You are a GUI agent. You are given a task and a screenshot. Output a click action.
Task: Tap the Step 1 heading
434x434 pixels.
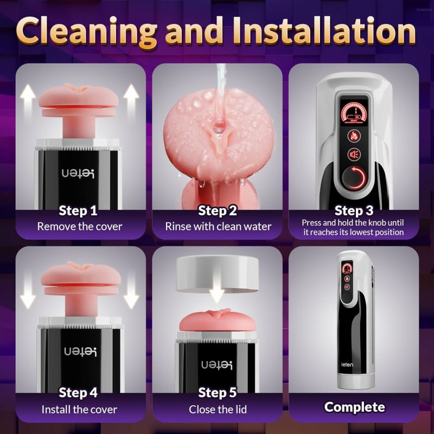(79, 210)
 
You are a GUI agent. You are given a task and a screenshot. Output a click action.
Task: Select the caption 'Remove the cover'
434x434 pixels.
(80, 226)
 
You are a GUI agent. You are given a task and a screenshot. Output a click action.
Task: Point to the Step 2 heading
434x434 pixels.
(217, 210)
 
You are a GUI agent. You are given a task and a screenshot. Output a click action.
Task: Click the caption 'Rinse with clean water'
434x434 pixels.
(218, 226)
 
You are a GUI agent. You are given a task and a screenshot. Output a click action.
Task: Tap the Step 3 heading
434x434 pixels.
(353, 210)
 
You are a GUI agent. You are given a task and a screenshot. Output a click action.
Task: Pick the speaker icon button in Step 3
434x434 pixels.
(354, 155)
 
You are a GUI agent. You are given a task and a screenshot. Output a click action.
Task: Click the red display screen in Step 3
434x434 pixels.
(354, 108)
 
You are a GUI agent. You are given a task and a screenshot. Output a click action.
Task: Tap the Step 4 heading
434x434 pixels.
(79, 392)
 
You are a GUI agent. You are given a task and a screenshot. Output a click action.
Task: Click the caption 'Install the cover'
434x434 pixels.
(80, 409)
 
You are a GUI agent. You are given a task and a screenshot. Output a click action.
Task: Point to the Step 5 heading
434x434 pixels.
(217, 392)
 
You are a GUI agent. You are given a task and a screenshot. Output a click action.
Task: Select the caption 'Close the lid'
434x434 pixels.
(217, 409)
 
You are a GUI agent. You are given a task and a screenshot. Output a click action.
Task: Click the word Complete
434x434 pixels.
(354, 406)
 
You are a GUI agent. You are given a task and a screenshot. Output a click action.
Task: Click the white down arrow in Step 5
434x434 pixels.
(217, 293)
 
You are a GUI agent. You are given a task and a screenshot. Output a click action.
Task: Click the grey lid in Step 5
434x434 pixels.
(217, 274)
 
